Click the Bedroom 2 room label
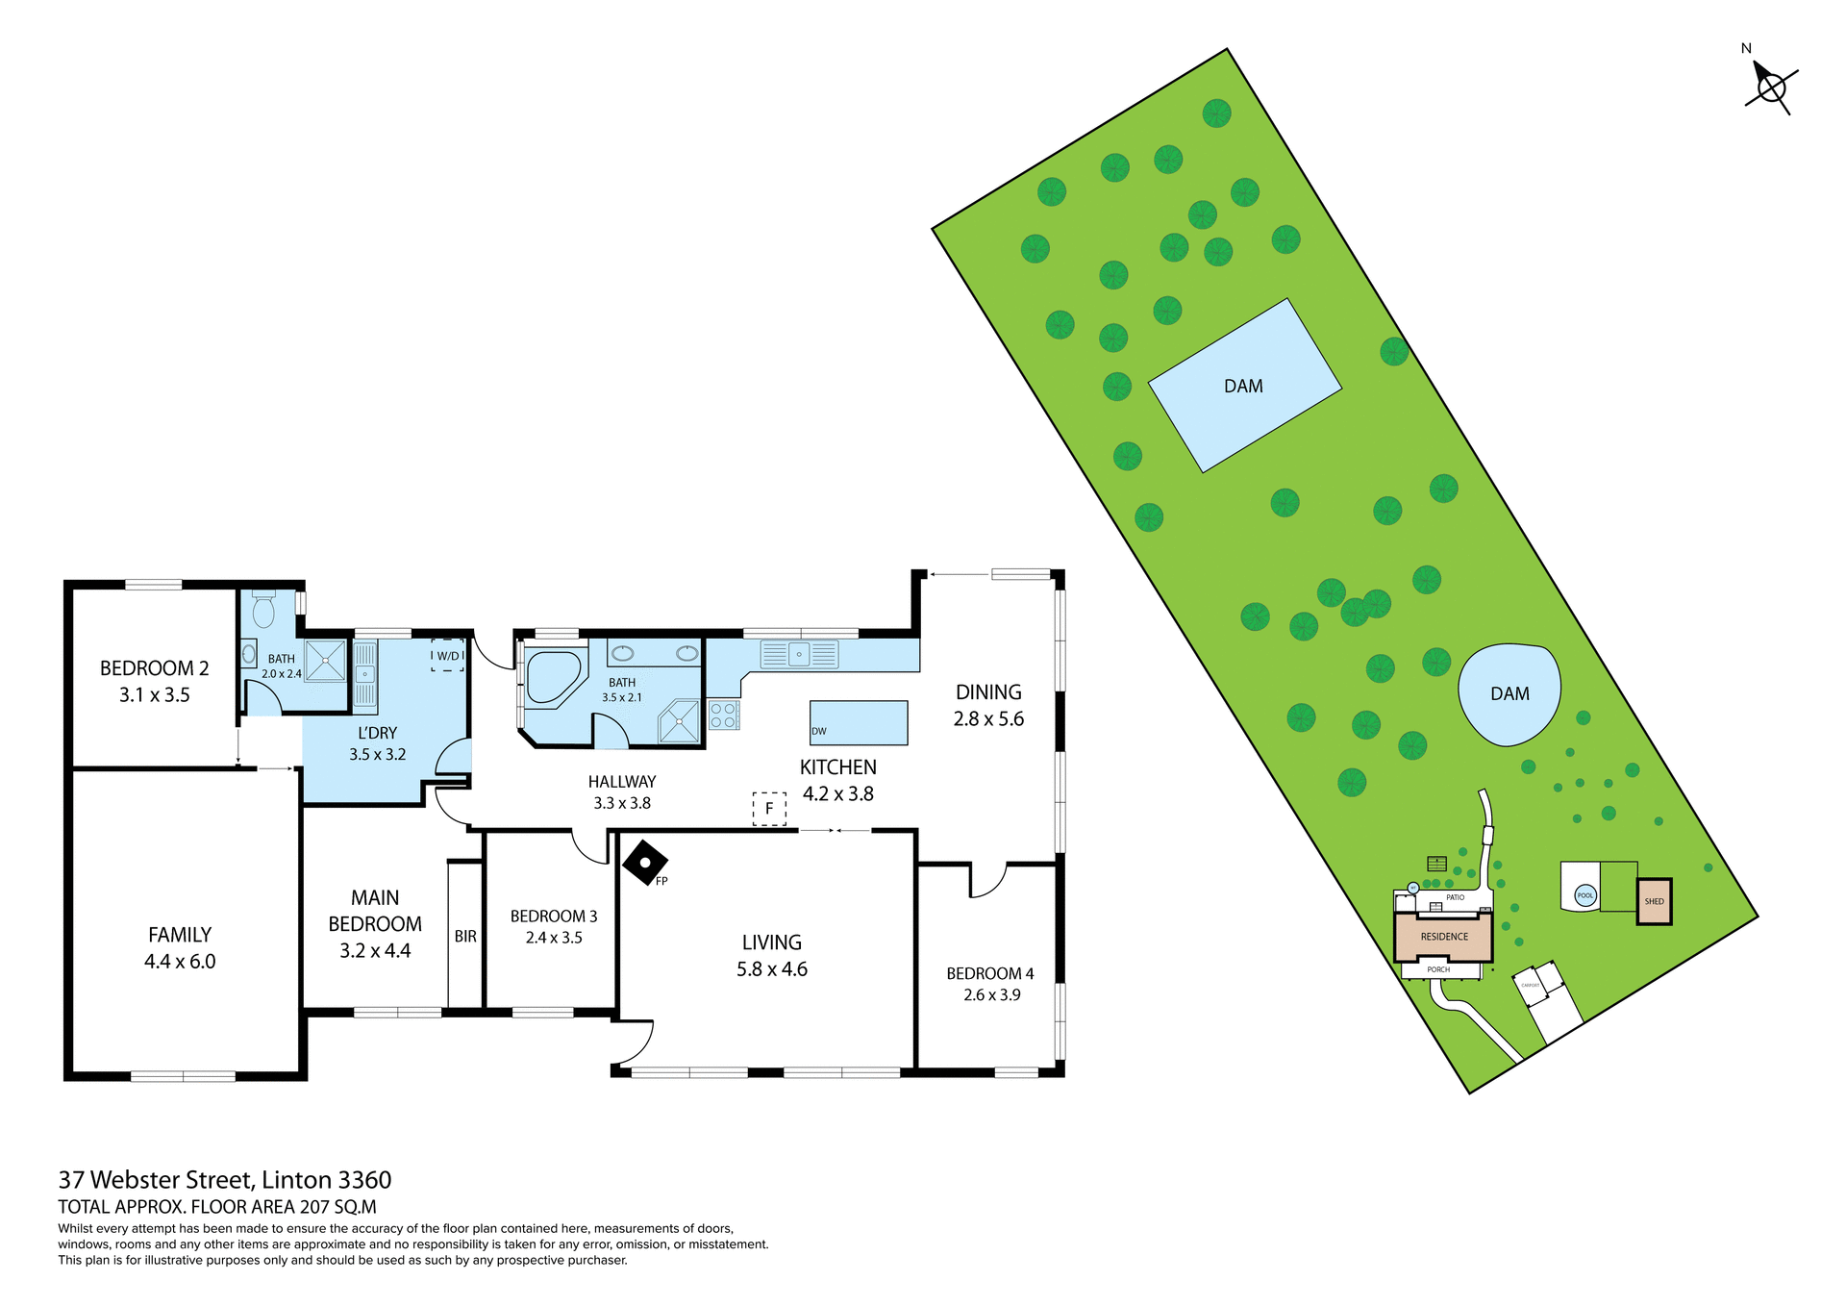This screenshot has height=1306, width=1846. point(154,669)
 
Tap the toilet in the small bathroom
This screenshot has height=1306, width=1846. point(263,610)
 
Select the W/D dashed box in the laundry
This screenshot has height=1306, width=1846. point(448,655)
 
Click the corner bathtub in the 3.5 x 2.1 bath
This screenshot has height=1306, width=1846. point(551,677)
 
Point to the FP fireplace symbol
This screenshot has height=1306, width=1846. point(645,864)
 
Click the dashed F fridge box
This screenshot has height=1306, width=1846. point(769,809)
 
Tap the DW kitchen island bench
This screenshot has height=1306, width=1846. point(859,722)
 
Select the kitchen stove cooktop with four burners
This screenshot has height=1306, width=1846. point(723,716)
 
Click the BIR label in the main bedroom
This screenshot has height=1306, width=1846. point(465,937)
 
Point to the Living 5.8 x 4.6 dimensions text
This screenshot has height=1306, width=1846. point(772,969)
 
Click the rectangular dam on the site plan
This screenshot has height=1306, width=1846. point(1244,386)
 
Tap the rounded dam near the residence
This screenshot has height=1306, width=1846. point(1509,693)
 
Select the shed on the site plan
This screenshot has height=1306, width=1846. point(1654,902)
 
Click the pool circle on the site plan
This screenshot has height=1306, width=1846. point(1585,896)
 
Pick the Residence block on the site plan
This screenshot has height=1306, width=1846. point(1443,937)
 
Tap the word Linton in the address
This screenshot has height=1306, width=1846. point(297,1180)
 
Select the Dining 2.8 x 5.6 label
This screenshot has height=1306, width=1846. point(988,705)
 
